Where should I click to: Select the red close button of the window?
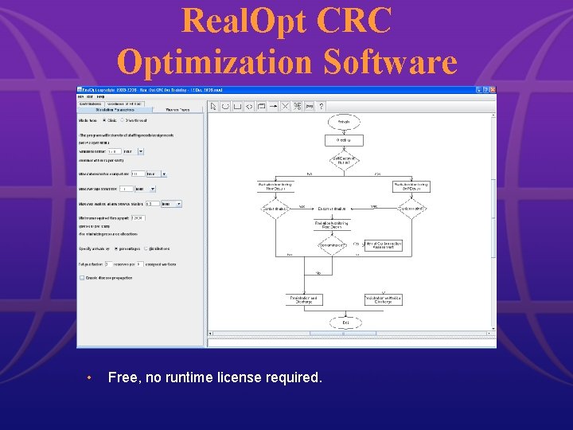coord(493,89)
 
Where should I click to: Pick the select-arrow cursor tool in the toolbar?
coord(213,106)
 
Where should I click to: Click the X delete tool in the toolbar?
coord(285,106)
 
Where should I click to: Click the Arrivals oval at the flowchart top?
coord(344,122)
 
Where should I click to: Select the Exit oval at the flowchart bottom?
coord(344,322)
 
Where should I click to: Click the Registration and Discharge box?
coord(305,299)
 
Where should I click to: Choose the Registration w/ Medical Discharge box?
coord(383,299)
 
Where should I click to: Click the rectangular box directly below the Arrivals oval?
coord(344,140)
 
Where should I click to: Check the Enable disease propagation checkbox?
coord(82,278)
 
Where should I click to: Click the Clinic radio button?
coord(105,120)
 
